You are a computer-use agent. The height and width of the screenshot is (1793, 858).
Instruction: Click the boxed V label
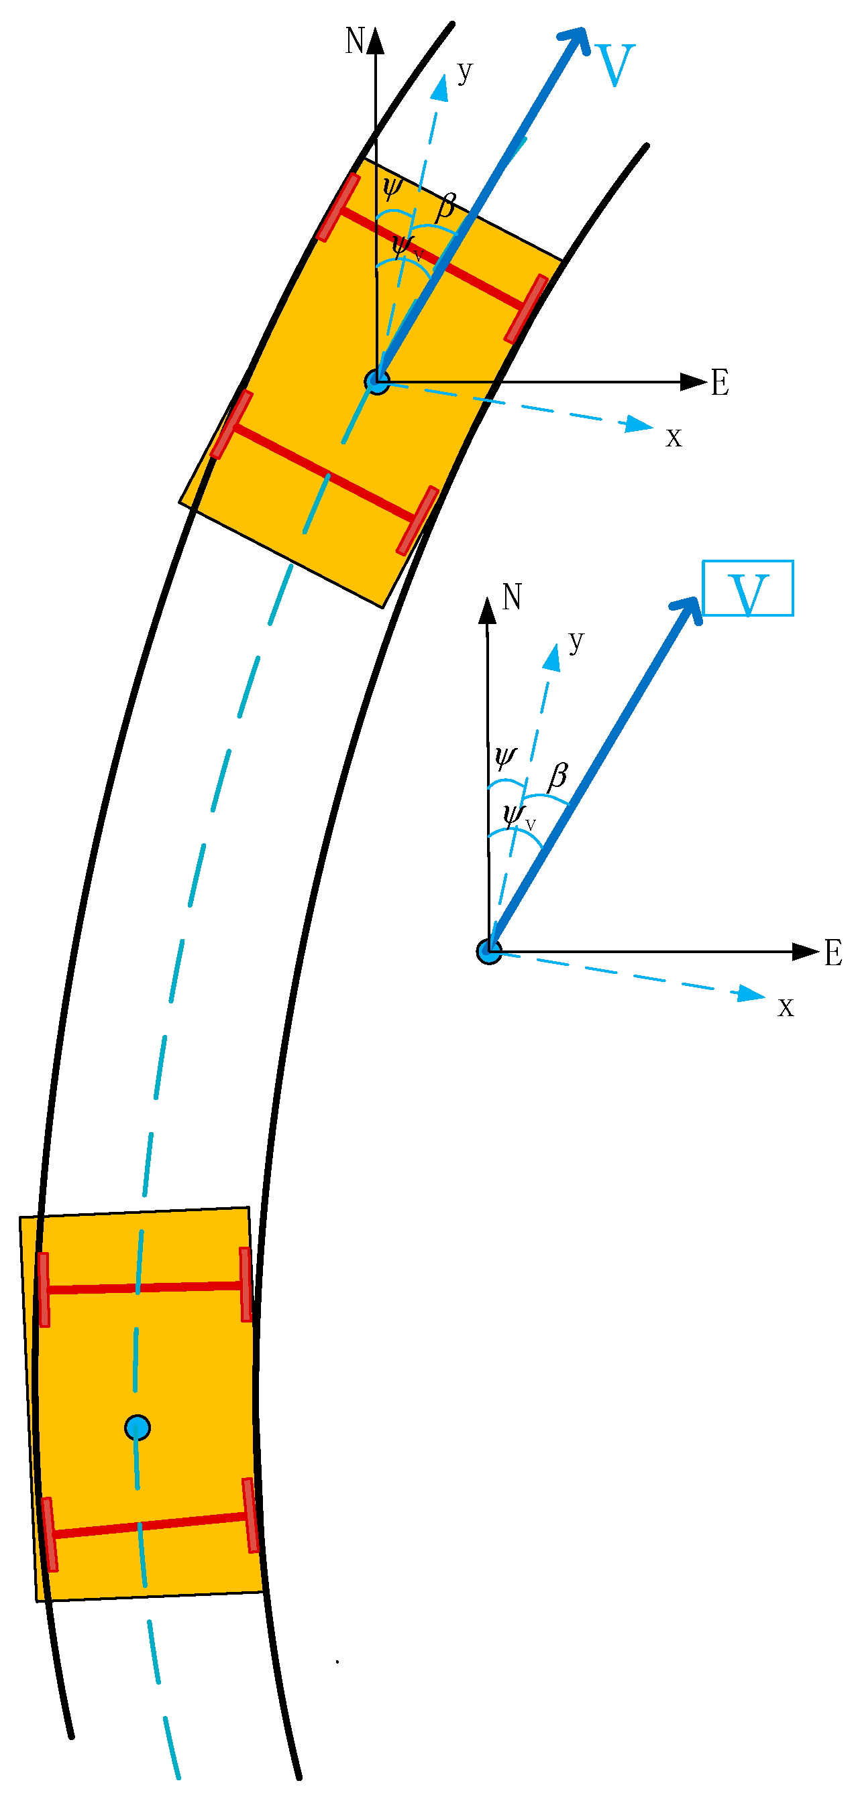click(x=748, y=589)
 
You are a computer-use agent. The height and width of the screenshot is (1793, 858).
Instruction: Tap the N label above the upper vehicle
click(x=354, y=41)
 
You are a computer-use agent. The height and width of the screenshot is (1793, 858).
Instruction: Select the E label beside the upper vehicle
click(x=720, y=383)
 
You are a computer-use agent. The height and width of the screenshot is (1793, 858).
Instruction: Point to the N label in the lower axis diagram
click(x=512, y=597)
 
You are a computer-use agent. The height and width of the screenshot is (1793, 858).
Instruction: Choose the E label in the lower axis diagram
click(x=833, y=953)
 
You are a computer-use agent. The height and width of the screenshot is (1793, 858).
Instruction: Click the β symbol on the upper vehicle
click(x=445, y=206)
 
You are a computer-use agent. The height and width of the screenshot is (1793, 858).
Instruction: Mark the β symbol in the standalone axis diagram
click(x=557, y=776)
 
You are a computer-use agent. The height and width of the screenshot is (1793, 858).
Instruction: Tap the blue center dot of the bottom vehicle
click(x=138, y=1428)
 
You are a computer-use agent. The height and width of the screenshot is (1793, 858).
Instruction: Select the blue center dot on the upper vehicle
click(x=377, y=381)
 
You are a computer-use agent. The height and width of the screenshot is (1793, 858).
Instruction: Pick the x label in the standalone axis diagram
click(x=786, y=1007)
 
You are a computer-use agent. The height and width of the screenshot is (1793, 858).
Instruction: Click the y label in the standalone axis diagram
click(x=576, y=641)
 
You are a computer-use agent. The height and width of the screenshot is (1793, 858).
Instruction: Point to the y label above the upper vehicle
click(x=464, y=71)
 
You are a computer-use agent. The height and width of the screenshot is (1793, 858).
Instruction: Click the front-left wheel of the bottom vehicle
click(x=44, y=1290)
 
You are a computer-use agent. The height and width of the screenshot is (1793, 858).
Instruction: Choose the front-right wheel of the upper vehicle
click(x=526, y=309)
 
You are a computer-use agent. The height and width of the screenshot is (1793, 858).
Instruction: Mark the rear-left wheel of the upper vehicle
click(x=231, y=424)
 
